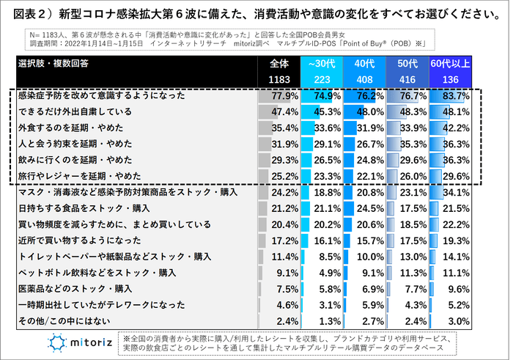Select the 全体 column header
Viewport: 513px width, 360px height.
tap(279, 64)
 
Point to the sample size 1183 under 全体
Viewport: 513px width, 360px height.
tap(279, 79)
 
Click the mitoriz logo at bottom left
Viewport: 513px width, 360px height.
tap(79, 342)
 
